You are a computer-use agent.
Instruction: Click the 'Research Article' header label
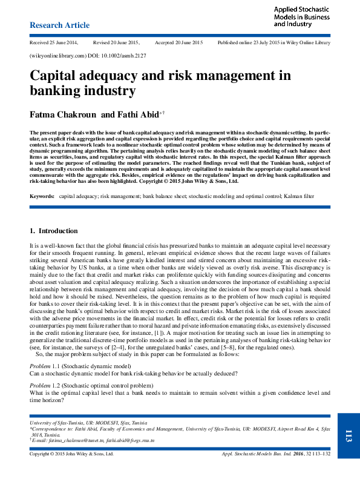(x=59, y=25)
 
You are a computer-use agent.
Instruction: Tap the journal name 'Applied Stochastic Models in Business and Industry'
(x=301, y=17)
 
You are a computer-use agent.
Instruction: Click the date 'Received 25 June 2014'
(x=54, y=44)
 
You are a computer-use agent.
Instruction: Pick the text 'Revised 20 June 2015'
(x=117, y=44)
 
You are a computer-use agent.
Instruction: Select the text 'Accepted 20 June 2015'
(x=180, y=44)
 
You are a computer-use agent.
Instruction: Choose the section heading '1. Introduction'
(x=53, y=231)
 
